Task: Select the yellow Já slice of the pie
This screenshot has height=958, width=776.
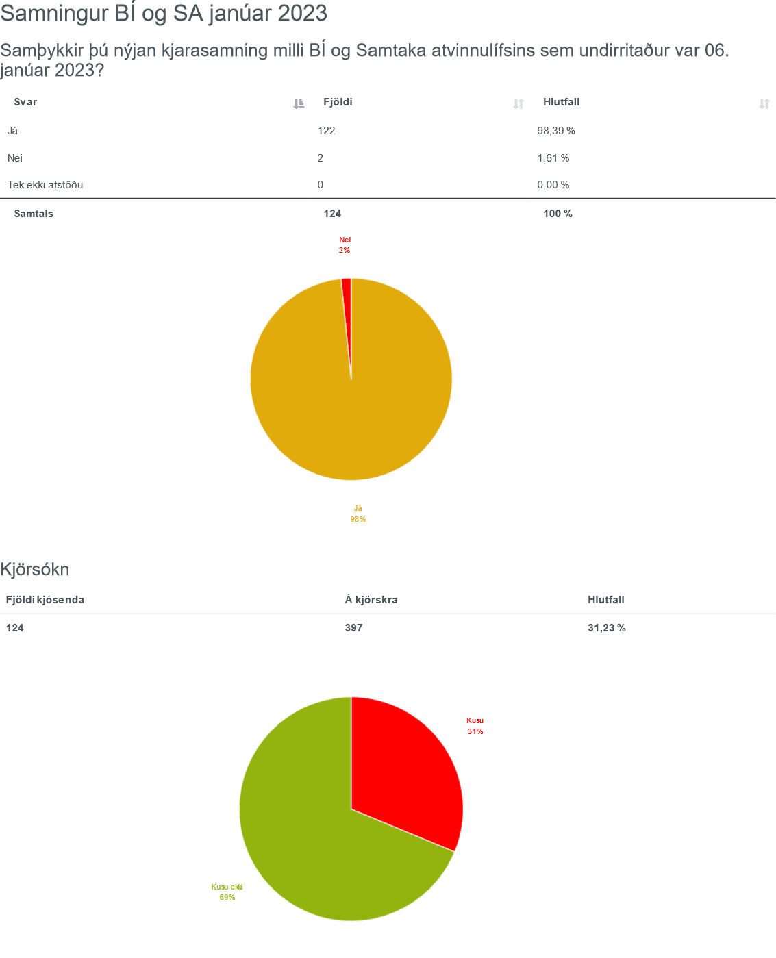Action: coord(351,411)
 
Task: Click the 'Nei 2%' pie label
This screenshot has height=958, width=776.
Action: coord(345,245)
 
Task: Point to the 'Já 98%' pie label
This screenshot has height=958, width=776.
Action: coord(358,514)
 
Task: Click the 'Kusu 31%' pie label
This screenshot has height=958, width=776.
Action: coord(475,726)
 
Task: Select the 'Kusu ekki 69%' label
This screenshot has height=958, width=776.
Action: coord(227,892)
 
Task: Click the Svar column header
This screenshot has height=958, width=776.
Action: coord(26,102)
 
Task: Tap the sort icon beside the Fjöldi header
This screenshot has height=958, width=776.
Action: coord(518,103)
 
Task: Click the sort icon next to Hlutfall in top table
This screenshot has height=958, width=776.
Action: coord(764,103)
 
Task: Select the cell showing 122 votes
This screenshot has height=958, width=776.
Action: coord(326,131)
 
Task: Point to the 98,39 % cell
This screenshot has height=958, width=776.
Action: coord(555,131)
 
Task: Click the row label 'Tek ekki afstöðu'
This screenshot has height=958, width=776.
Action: coord(45,185)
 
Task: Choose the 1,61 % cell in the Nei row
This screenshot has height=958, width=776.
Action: coord(553,158)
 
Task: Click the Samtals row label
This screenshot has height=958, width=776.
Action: coord(34,214)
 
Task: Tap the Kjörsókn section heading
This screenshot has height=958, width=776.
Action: coord(35,569)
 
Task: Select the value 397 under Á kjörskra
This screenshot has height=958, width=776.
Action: coord(353,627)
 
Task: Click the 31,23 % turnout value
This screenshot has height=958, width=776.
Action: coord(606,627)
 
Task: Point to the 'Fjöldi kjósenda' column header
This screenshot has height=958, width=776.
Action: coord(45,600)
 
